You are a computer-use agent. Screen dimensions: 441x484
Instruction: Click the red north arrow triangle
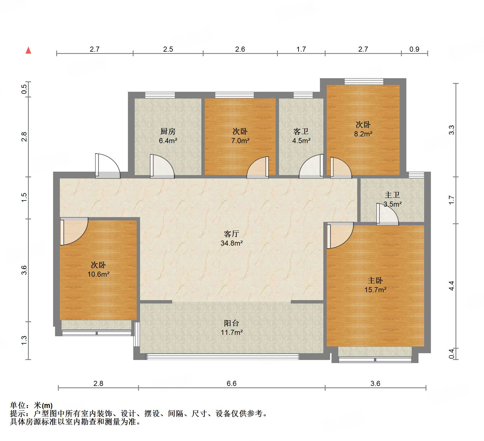[x=28, y=51]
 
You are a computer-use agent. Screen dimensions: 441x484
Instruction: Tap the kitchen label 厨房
[x=168, y=131]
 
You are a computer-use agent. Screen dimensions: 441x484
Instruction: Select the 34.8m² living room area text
[x=232, y=243]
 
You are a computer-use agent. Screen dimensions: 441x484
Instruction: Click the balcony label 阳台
[x=232, y=323]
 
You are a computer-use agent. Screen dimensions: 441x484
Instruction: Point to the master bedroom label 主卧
[x=375, y=280]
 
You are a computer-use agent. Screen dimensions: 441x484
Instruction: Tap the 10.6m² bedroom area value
[x=98, y=274]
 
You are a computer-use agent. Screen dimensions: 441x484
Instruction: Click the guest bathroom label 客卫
[x=301, y=131]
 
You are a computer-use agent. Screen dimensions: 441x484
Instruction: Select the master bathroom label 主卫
[x=392, y=195]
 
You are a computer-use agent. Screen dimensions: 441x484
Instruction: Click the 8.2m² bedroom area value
[x=363, y=134]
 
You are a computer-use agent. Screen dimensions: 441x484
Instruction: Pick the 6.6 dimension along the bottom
[x=232, y=383]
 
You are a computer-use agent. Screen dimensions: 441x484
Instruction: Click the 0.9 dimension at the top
[x=414, y=49]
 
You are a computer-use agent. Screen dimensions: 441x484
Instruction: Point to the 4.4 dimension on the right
[x=452, y=286]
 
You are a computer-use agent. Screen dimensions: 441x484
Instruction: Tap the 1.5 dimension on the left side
[x=24, y=197]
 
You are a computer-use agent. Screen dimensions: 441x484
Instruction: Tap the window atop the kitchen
[x=160, y=95]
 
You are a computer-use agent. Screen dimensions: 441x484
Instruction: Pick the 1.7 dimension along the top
[x=301, y=49]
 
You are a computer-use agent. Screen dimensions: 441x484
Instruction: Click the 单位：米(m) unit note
[x=31, y=406]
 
